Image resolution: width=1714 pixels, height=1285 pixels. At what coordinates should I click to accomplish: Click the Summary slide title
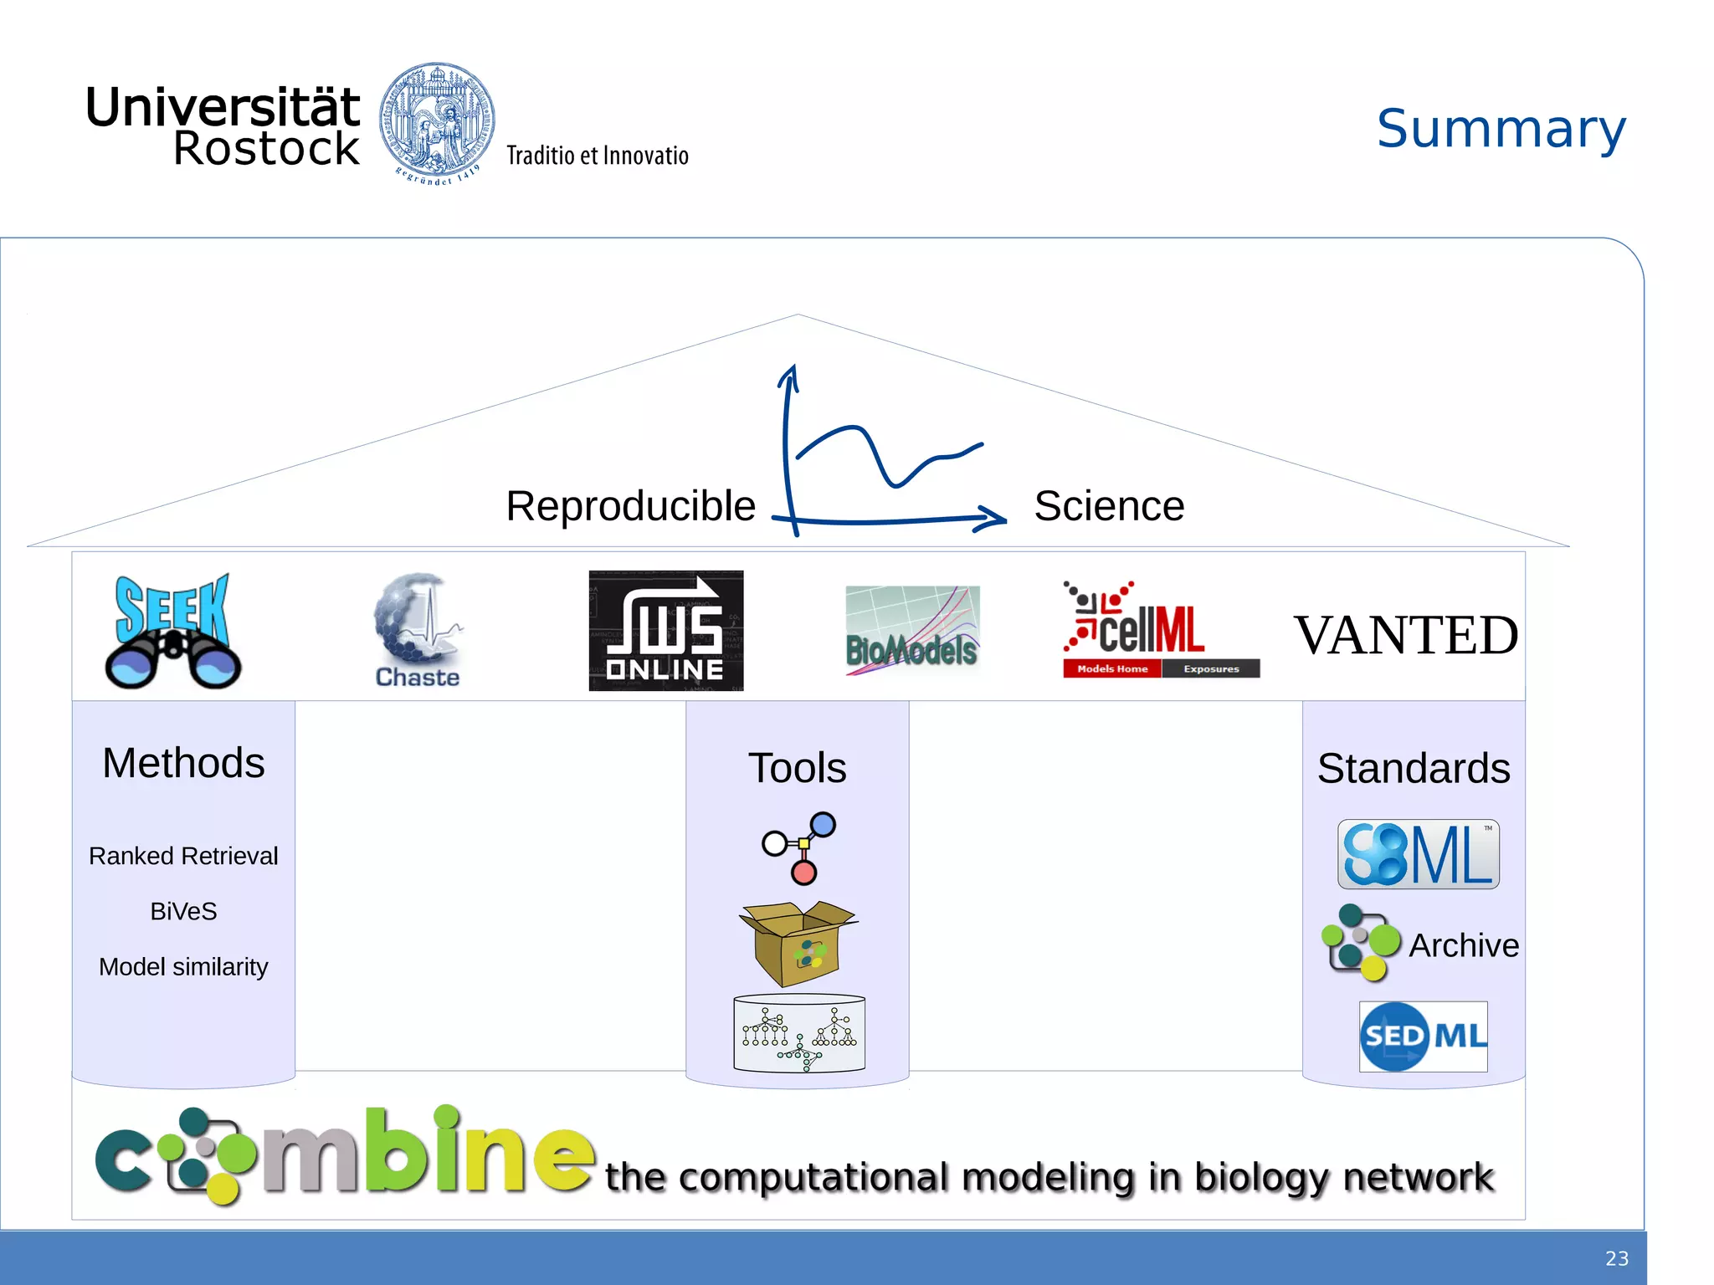(x=1501, y=130)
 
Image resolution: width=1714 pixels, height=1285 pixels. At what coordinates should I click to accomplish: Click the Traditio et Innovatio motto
(x=597, y=156)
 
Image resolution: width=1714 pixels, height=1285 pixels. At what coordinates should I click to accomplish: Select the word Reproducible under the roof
(x=630, y=506)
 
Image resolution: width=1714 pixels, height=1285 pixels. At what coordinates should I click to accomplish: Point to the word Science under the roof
(x=1109, y=506)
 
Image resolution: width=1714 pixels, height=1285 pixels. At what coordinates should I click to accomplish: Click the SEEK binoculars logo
(x=173, y=631)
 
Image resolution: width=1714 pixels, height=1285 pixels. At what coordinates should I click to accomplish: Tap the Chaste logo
(x=417, y=631)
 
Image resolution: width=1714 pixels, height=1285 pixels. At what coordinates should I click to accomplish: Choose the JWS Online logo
(x=665, y=631)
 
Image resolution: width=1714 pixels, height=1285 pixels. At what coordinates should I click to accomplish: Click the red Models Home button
(x=1111, y=668)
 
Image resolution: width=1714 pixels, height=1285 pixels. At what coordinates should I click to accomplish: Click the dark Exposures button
(x=1210, y=668)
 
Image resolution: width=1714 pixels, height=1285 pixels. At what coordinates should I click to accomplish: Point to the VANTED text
(x=1405, y=635)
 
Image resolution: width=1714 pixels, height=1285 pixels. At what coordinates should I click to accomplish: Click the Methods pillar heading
(x=183, y=763)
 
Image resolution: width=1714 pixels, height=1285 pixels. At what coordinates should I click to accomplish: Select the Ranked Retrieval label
(x=183, y=856)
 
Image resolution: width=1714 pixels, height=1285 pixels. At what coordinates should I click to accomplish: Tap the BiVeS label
(x=183, y=911)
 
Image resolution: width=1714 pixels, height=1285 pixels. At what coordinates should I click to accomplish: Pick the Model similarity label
(x=183, y=967)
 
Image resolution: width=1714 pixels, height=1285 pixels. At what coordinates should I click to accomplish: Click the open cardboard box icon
(x=798, y=943)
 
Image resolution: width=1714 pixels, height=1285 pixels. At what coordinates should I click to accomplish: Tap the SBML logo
(x=1418, y=854)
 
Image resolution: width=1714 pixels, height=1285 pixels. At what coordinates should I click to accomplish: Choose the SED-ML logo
(x=1423, y=1037)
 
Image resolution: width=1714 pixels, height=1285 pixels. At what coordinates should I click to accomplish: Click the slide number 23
(x=1616, y=1258)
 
